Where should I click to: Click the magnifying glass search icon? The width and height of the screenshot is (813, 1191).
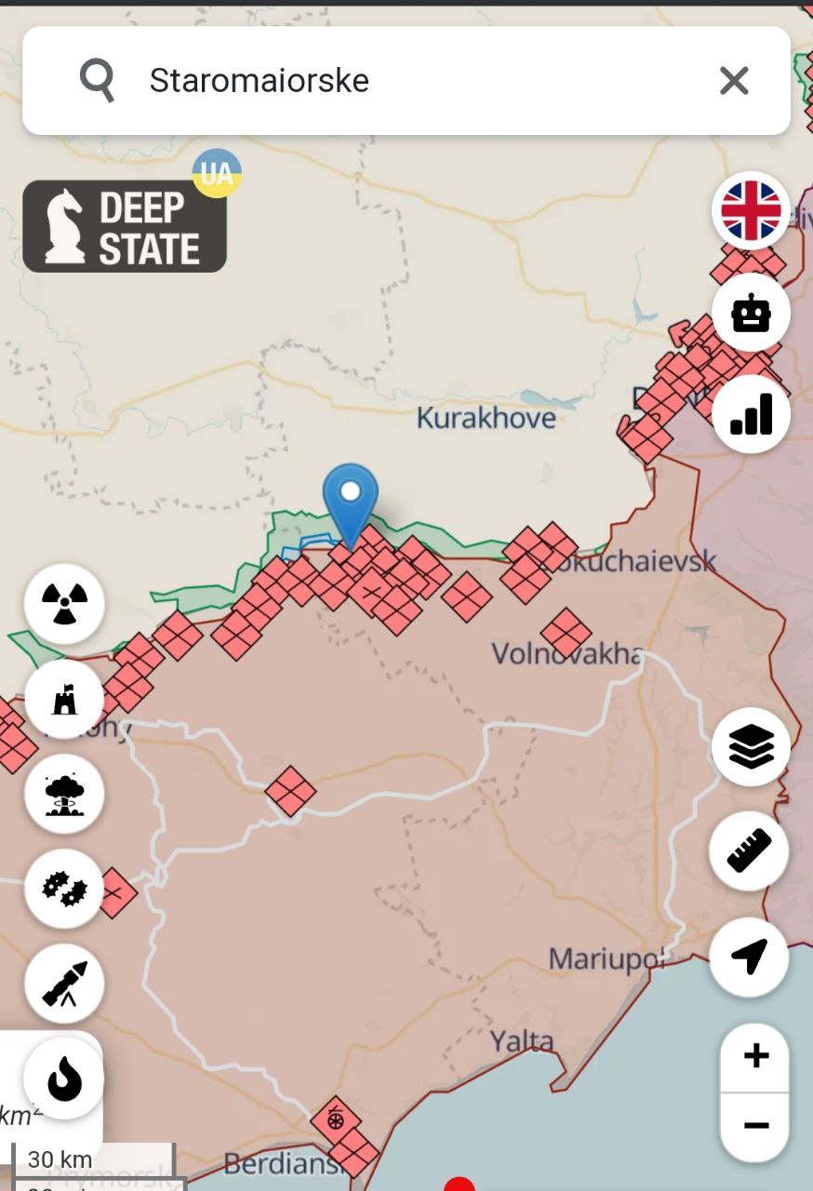click(97, 80)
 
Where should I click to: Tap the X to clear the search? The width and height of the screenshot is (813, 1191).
click(734, 81)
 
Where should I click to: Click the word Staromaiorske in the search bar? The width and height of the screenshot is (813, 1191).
click(259, 81)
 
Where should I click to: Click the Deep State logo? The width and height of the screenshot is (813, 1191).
click(125, 226)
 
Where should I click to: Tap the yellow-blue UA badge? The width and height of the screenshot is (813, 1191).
click(217, 173)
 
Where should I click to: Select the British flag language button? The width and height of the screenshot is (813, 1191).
click(751, 210)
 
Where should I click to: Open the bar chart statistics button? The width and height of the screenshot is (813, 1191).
click(751, 414)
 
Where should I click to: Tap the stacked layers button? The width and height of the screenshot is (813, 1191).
click(751, 746)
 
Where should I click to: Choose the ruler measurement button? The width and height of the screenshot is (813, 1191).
click(749, 850)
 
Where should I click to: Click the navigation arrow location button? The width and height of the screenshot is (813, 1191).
click(749, 957)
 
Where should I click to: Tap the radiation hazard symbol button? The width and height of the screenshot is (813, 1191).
click(64, 604)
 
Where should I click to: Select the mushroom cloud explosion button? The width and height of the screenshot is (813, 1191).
click(64, 794)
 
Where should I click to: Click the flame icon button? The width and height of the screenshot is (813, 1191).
click(64, 1079)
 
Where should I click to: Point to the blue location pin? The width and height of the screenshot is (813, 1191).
click(350, 502)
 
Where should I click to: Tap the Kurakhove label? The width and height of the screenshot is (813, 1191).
click(486, 418)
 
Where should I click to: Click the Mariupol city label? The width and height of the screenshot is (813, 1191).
click(606, 958)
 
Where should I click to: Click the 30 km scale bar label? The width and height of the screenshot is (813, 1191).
click(60, 1159)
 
